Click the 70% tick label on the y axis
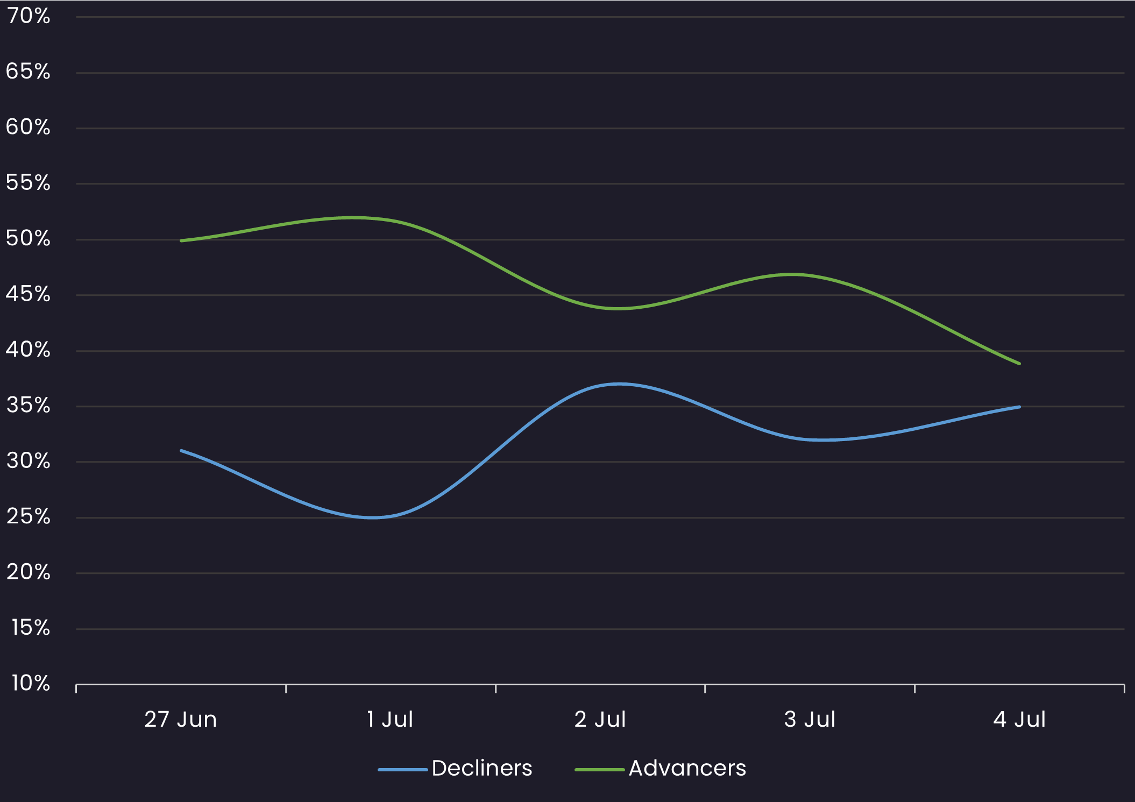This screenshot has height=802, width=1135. (x=29, y=17)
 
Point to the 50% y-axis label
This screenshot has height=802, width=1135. (x=29, y=239)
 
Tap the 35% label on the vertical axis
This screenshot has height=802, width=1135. (x=29, y=406)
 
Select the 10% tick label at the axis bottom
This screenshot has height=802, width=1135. (x=31, y=684)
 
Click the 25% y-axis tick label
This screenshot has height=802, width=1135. (x=29, y=517)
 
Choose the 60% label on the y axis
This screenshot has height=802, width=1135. (x=29, y=127)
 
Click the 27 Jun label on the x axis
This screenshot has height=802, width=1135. (x=181, y=720)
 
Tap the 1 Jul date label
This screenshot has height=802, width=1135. (x=390, y=720)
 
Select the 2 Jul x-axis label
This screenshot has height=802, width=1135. (x=600, y=720)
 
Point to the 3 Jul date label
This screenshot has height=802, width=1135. (x=810, y=720)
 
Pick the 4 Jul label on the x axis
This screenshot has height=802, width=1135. (x=1019, y=720)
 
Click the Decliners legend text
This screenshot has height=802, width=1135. (x=481, y=768)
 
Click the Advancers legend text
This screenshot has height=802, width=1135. (x=687, y=768)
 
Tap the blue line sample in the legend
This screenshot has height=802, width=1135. (x=402, y=770)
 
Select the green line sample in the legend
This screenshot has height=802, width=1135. (x=599, y=770)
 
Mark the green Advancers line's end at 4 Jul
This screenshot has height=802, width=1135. (x=1019, y=364)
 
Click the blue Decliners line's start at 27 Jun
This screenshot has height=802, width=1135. (x=181, y=451)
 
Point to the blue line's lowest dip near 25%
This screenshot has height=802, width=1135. (x=373, y=517)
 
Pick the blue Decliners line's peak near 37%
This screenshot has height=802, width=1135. (x=620, y=384)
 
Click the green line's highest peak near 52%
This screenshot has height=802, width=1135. (x=352, y=218)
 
